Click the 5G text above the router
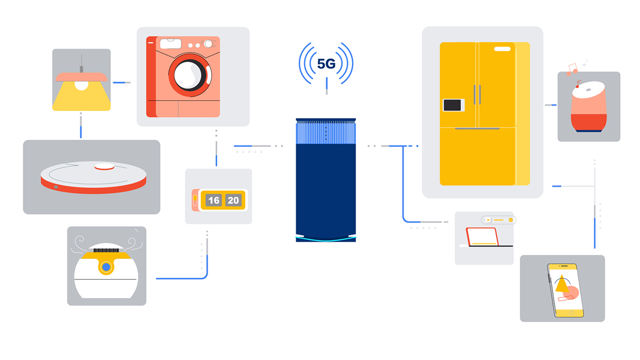click(x=326, y=64)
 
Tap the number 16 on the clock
click(x=214, y=200)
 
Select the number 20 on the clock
click(x=233, y=200)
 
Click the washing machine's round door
click(x=189, y=75)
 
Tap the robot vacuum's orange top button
click(x=104, y=167)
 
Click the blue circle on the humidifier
click(x=106, y=267)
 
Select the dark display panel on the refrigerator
click(x=453, y=105)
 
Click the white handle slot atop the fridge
click(x=502, y=49)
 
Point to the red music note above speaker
click(x=577, y=84)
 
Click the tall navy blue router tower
click(x=326, y=186)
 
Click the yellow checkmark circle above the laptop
click(x=510, y=220)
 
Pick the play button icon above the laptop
click(x=489, y=220)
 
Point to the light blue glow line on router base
click(x=326, y=238)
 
